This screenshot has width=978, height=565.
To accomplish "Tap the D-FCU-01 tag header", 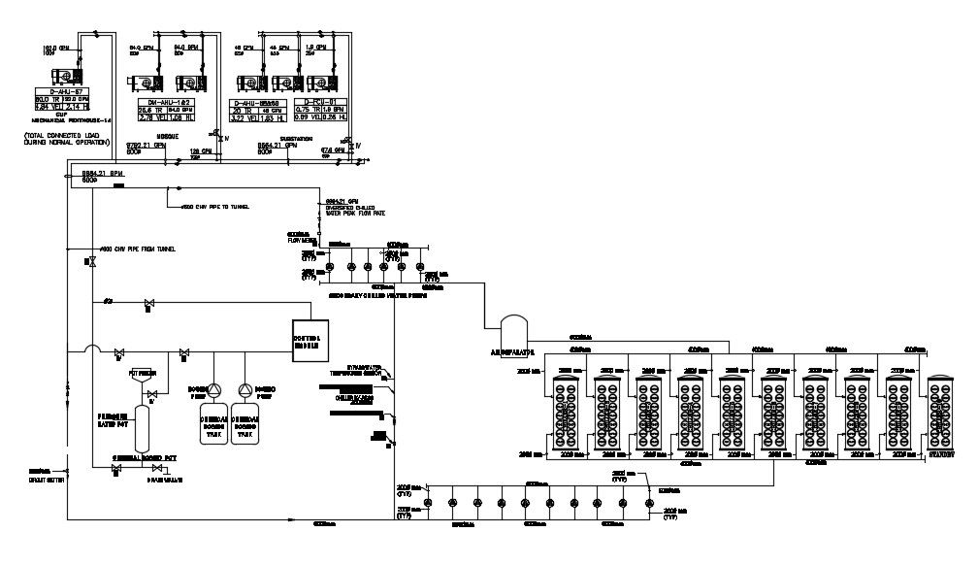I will coord(320,101).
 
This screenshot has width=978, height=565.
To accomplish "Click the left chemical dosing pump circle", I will coord(214,390).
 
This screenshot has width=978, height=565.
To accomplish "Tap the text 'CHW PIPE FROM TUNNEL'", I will coord(136,249).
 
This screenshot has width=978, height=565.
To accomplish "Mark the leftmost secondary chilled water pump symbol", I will coord(329,267).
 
